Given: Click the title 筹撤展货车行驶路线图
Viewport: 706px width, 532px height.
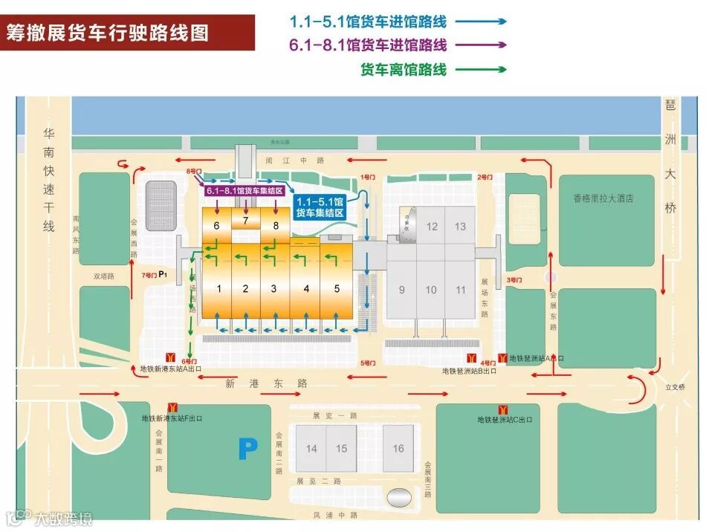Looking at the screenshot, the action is click(x=108, y=33).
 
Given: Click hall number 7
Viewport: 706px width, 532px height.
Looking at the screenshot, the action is click(x=245, y=220).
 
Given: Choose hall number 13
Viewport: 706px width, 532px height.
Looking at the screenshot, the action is click(x=460, y=227).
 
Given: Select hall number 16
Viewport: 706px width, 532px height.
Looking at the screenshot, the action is click(x=398, y=448).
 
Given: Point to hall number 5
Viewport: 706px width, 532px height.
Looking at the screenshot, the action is click(x=337, y=288).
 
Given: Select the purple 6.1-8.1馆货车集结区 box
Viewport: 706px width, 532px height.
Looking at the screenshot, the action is click(x=245, y=191).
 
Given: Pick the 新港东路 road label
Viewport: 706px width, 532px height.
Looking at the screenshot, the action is click(x=266, y=383).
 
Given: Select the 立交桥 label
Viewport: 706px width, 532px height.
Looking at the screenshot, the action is click(x=673, y=386).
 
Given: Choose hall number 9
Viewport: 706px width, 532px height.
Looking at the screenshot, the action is click(x=401, y=290).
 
